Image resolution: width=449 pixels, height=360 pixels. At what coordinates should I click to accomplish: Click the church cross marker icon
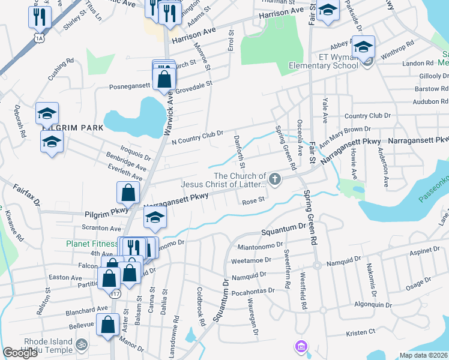click(275, 178)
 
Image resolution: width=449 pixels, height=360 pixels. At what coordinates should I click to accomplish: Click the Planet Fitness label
click(91, 244)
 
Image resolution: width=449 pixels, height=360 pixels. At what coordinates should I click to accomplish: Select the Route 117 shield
click(116, 293)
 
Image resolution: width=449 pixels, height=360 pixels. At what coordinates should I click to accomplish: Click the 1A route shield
click(40, 38)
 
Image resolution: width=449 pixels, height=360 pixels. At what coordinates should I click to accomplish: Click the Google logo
click(20, 353)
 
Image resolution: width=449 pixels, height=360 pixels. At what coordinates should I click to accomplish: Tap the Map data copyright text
click(424, 355)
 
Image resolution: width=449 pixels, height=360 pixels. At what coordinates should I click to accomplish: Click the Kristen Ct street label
click(360, 331)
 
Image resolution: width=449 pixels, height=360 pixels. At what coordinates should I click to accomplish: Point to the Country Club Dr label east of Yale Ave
click(367, 115)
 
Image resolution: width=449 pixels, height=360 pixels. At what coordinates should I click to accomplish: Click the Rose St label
click(253, 202)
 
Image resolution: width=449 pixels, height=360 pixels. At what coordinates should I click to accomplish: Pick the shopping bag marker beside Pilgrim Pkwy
click(128, 193)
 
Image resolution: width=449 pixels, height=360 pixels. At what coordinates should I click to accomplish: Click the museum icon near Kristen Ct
click(300, 346)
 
